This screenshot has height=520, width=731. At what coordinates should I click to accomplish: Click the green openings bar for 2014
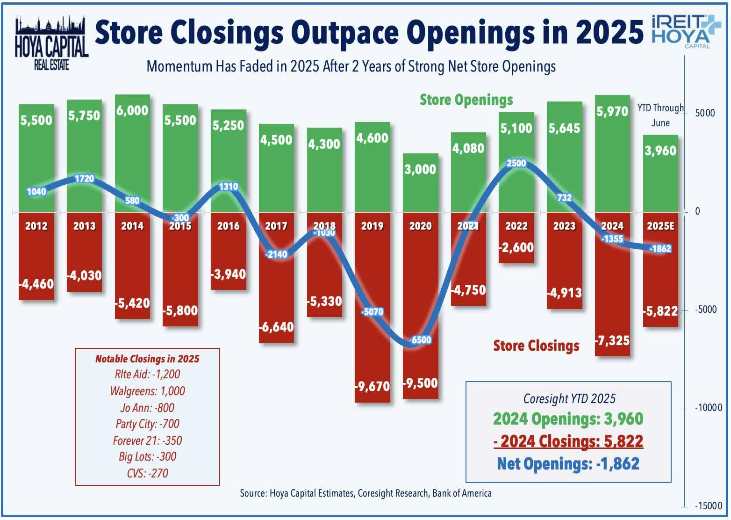(132, 154)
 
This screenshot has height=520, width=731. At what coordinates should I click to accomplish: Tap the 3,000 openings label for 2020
(420, 169)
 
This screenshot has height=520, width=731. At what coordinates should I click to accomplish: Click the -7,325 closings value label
(612, 340)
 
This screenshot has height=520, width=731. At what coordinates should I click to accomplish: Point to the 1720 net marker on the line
(84, 179)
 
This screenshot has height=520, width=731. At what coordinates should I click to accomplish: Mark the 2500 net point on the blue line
(516, 163)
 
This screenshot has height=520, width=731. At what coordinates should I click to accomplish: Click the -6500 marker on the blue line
(420, 340)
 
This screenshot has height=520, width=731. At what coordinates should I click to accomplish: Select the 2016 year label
(228, 226)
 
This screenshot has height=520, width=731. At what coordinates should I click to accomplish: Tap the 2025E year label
(660, 226)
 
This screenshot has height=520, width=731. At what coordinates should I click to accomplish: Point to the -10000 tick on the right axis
(708, 408)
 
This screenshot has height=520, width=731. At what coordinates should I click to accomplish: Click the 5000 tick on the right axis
(704, 113)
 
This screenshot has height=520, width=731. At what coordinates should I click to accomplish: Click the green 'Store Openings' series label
(466, 100)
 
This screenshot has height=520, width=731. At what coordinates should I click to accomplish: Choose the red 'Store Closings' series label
(536, 346)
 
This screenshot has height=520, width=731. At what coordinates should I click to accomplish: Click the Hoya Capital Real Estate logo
(51, 43)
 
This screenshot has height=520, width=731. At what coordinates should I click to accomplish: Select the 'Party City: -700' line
(147, 424)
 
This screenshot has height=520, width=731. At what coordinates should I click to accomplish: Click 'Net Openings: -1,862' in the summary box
(568, 463)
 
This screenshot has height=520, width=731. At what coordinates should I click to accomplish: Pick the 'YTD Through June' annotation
(660, 115)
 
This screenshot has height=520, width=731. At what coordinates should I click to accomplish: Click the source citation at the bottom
(365, 493)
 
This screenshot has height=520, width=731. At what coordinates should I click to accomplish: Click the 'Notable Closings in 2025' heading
(147, 359)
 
